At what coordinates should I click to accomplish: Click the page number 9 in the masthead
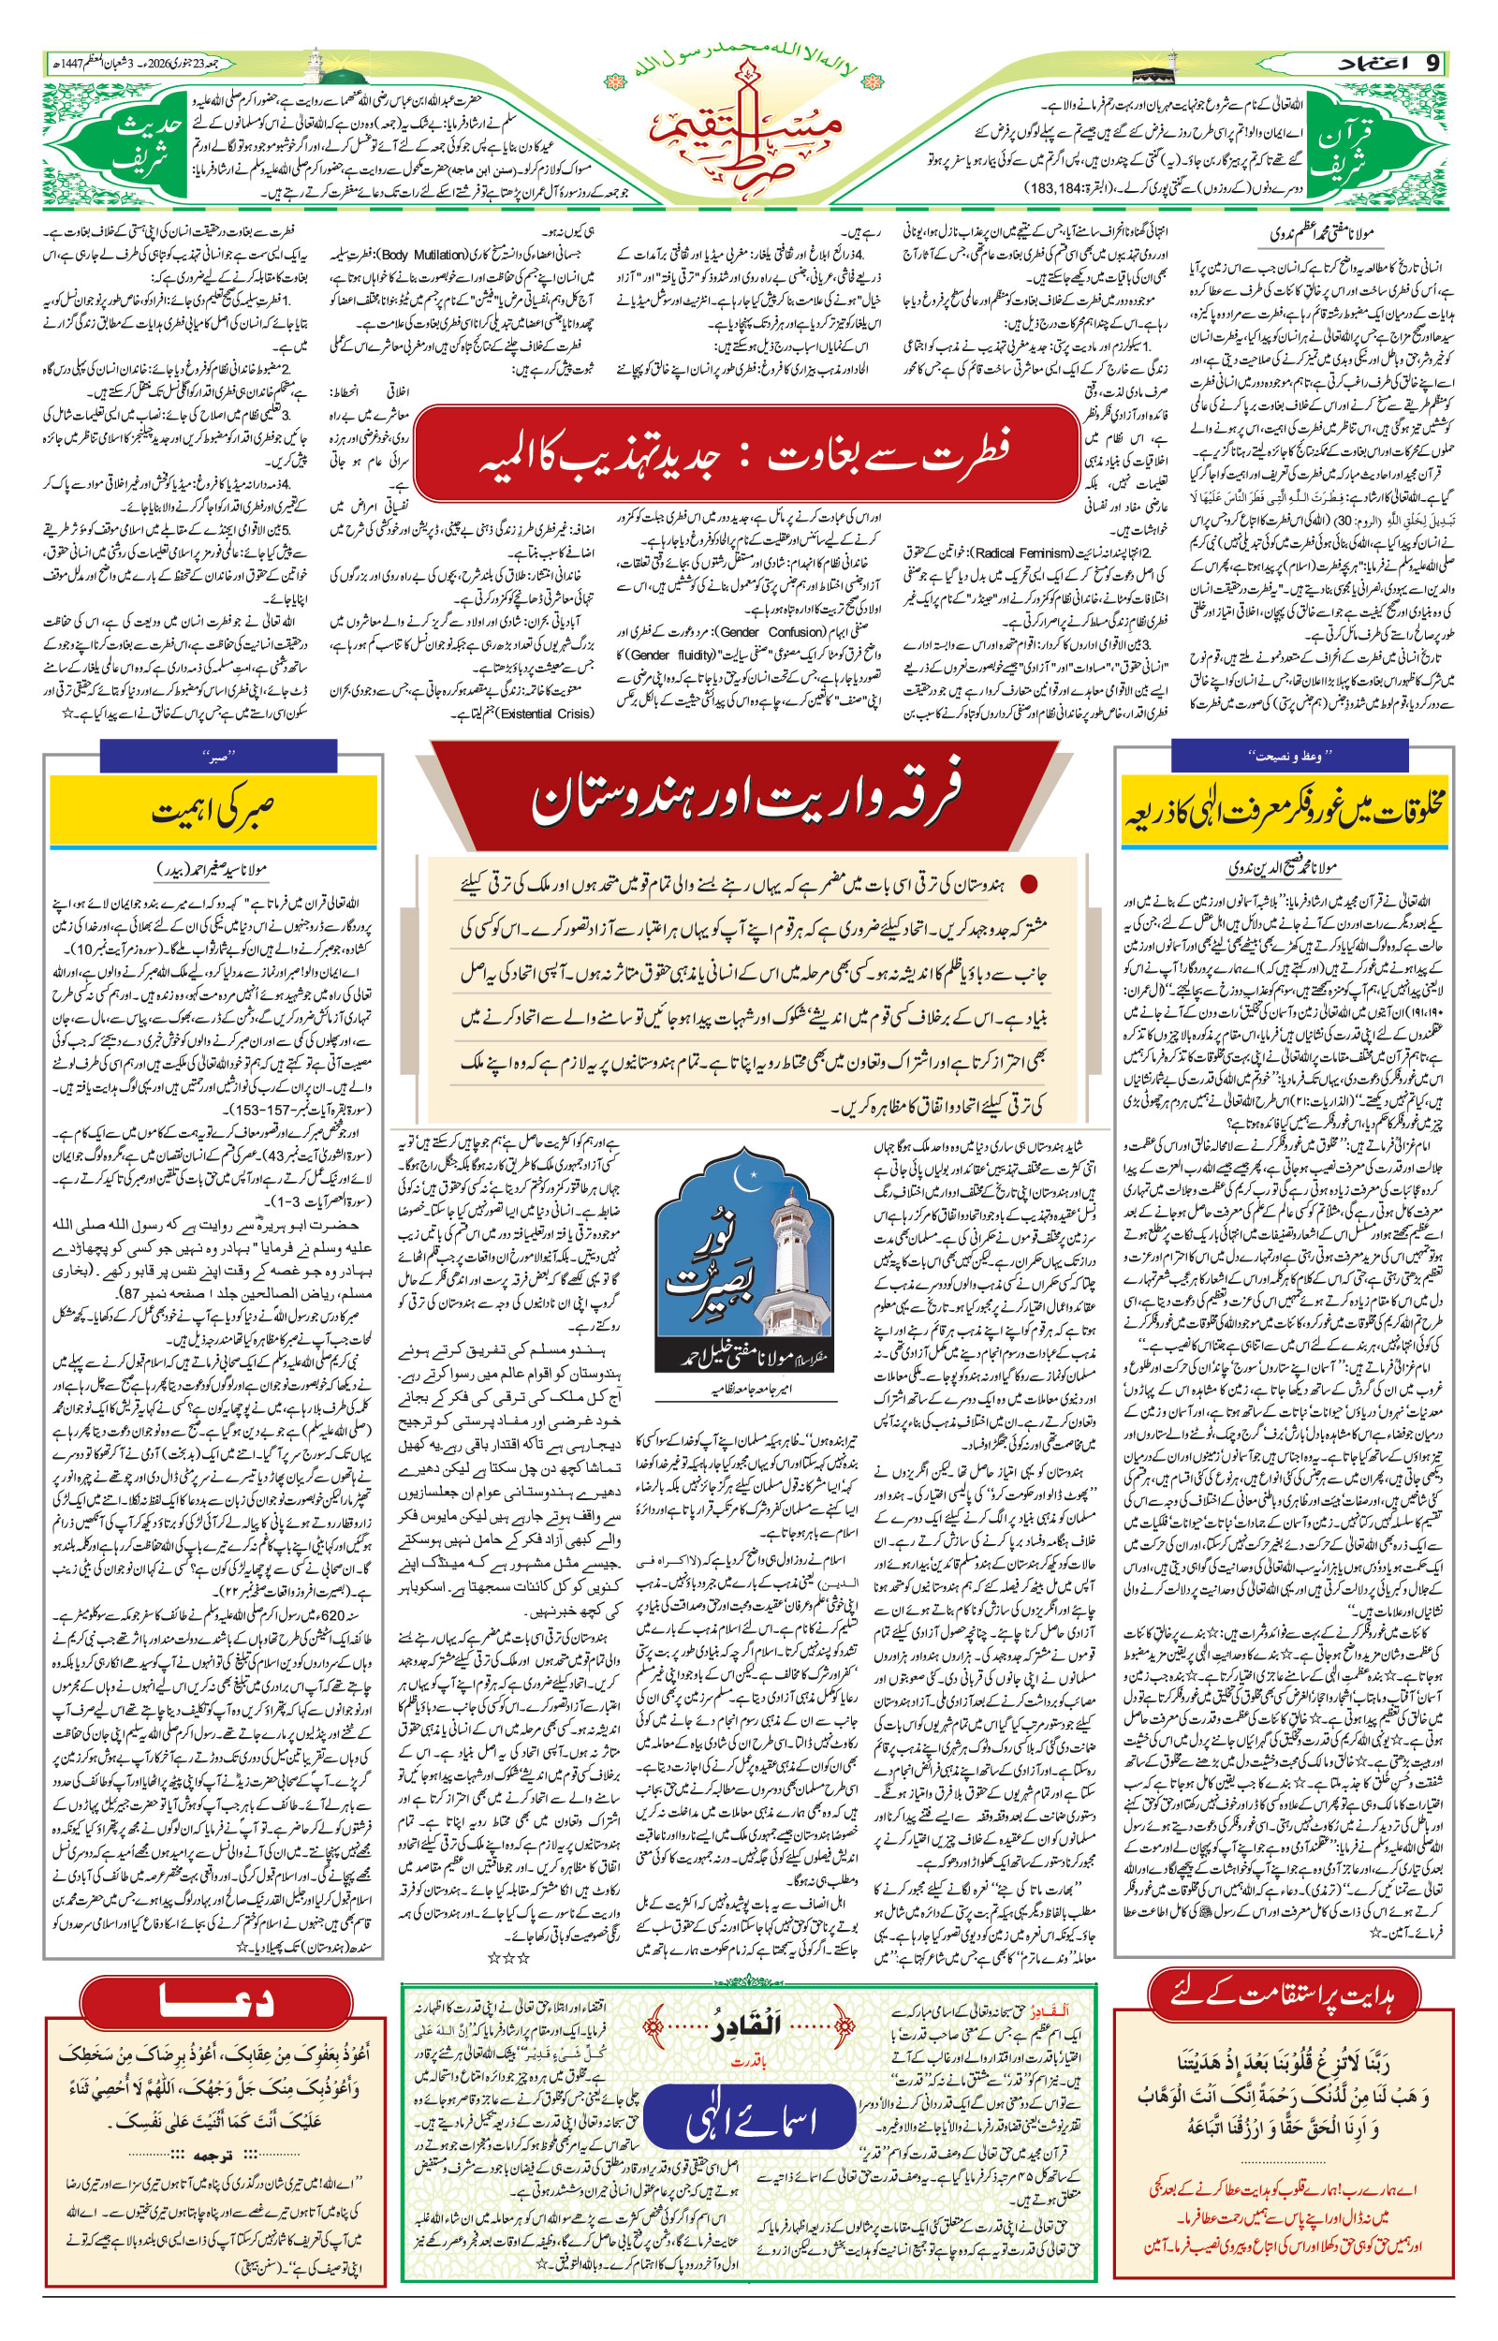(x=1431, y=65)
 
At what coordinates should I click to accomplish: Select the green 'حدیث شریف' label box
(x=146, y=148)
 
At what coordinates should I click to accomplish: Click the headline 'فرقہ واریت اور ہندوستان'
(x=746, y=798)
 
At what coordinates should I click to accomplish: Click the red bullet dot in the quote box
(x=1027, y=884)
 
